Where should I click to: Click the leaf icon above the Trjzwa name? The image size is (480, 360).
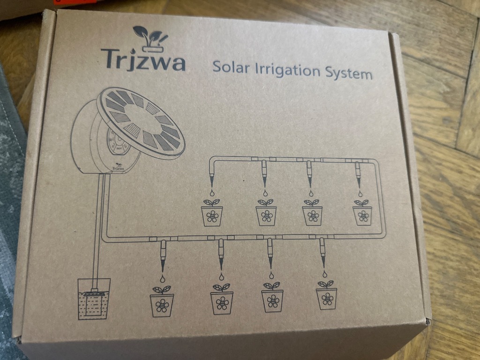[150, 37]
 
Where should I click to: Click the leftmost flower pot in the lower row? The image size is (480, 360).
[162, 303]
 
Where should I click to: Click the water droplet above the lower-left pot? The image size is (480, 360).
[162, 278]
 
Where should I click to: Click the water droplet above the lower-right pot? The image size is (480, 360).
[324, 273]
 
